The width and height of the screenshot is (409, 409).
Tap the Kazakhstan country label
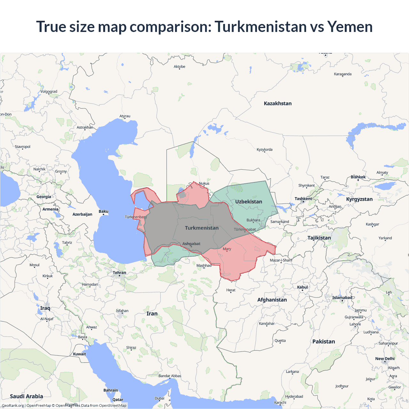(x=277, y=104)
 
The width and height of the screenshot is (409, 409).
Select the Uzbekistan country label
(x=249, y=202)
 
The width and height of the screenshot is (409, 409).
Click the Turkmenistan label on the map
(x=202, y=228)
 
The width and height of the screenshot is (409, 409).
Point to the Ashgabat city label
(x=191, y=244)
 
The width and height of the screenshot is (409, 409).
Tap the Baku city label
(x=104, y=212)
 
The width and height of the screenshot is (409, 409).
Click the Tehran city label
(x=120, y=273)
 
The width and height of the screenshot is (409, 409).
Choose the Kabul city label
(x=302, y=287)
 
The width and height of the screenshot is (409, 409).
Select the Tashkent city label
(x=303, y=199)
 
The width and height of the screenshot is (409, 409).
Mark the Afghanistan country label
(x=272, y=300)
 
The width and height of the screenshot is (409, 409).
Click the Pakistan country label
(x=324, y=342)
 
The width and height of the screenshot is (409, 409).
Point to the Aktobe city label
(x=179, y=67)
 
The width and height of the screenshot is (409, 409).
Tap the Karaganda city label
(x=343, y=74)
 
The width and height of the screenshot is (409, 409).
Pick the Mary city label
(x=227, y=249)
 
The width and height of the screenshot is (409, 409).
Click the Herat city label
(x=231, y=290)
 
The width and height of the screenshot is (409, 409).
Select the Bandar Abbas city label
(x=170, y=376)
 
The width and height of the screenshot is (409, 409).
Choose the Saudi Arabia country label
(x=27, y=396)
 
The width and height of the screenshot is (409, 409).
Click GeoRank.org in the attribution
(x=13, y=405)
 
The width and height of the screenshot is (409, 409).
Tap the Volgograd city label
(x=49, y=92)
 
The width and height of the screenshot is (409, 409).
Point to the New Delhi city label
(x=385, y=359)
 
